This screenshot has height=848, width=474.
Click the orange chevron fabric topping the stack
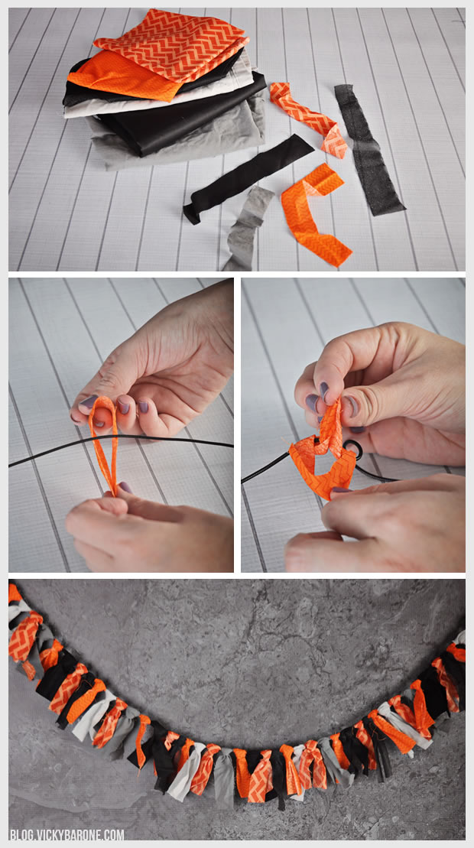[x=173, y=46]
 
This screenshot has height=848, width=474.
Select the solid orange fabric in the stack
[x=119, y=76]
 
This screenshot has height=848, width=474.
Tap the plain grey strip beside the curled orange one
[x=248, y=227]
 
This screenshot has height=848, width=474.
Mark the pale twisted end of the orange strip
[x=335, y=143]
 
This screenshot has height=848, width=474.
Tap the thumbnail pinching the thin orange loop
[x=89, y=402]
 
